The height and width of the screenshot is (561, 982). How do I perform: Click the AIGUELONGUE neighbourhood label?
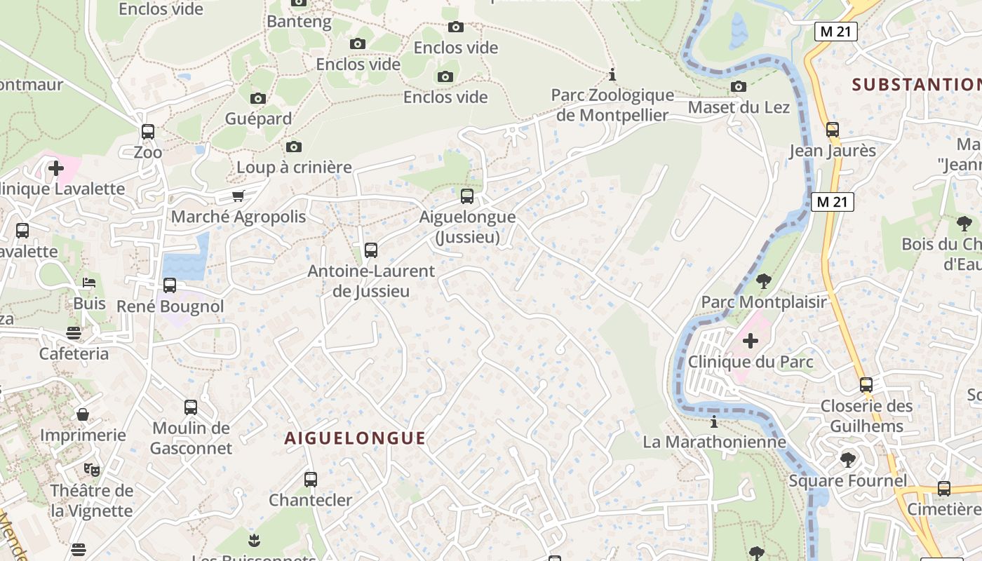pos(355,438)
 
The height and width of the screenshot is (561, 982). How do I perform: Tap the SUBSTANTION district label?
pos(916,85)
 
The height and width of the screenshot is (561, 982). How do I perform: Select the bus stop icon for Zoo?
pos(148,131)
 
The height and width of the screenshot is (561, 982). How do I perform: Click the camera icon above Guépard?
pos(258,98)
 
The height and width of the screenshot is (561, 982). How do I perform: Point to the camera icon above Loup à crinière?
pos(294,147)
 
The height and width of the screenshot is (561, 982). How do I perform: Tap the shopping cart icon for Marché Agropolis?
pos(238,196)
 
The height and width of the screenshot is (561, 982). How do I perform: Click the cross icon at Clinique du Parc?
pos(751,341)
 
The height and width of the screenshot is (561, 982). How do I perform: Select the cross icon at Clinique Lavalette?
pos(56,168)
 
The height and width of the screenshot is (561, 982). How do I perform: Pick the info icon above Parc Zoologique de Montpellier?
pos(612,74)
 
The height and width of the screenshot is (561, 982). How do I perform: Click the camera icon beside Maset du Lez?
pos(739,86)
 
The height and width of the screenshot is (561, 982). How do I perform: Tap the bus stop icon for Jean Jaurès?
pos(833,130)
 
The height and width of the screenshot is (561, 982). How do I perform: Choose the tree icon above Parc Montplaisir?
pos(764,281)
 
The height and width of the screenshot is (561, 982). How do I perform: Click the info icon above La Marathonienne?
pos(714,421)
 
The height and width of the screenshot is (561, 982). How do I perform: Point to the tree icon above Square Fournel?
pos(848,460)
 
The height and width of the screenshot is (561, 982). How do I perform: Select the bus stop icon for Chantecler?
pos(311,480)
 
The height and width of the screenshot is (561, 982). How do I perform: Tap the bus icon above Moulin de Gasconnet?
pos(191,407)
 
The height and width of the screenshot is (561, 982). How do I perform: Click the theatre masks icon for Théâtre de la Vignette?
pos(91,469)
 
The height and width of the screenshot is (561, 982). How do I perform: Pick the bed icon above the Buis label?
pos(89,283)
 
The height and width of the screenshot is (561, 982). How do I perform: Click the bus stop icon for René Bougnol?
pos(170,285)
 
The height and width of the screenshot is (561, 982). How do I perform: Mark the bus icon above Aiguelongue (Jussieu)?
pos(467,196)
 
